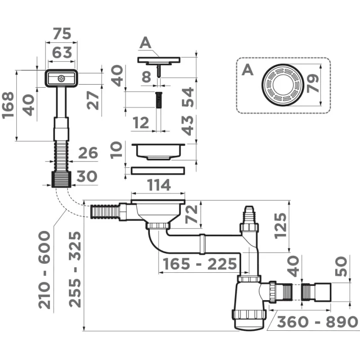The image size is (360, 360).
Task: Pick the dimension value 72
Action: click(x=192, y=215)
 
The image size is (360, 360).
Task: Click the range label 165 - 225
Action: click(x=200, y=264)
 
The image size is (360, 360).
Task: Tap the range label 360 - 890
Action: click(x=318, y=322)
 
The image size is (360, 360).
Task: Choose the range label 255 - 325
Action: click(x=75, y=269)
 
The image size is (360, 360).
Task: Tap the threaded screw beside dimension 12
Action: click(x=159, y=99)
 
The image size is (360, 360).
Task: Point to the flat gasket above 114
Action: click(x=157, y=170)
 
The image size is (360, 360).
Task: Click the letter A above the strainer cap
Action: click(x=145, y=43)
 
